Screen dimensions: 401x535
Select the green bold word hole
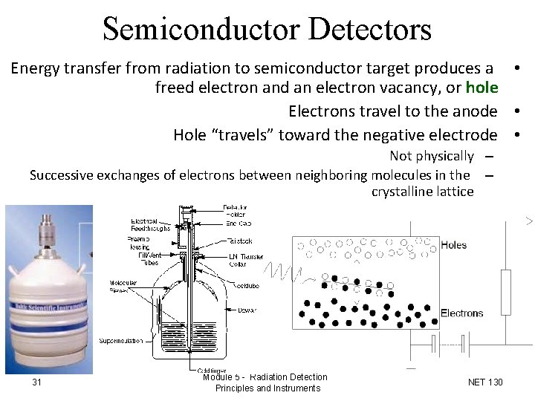(x=481, y=88)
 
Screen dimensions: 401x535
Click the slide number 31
(x=36, y=382)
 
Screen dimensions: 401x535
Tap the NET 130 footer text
(x=485, y=382)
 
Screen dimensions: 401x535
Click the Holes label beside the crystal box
(x=454, y=244)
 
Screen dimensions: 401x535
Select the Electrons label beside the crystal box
(x=461, y=313)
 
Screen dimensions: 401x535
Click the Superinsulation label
(x=121, y=341)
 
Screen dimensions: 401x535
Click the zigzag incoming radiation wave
(x=286, y=273)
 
